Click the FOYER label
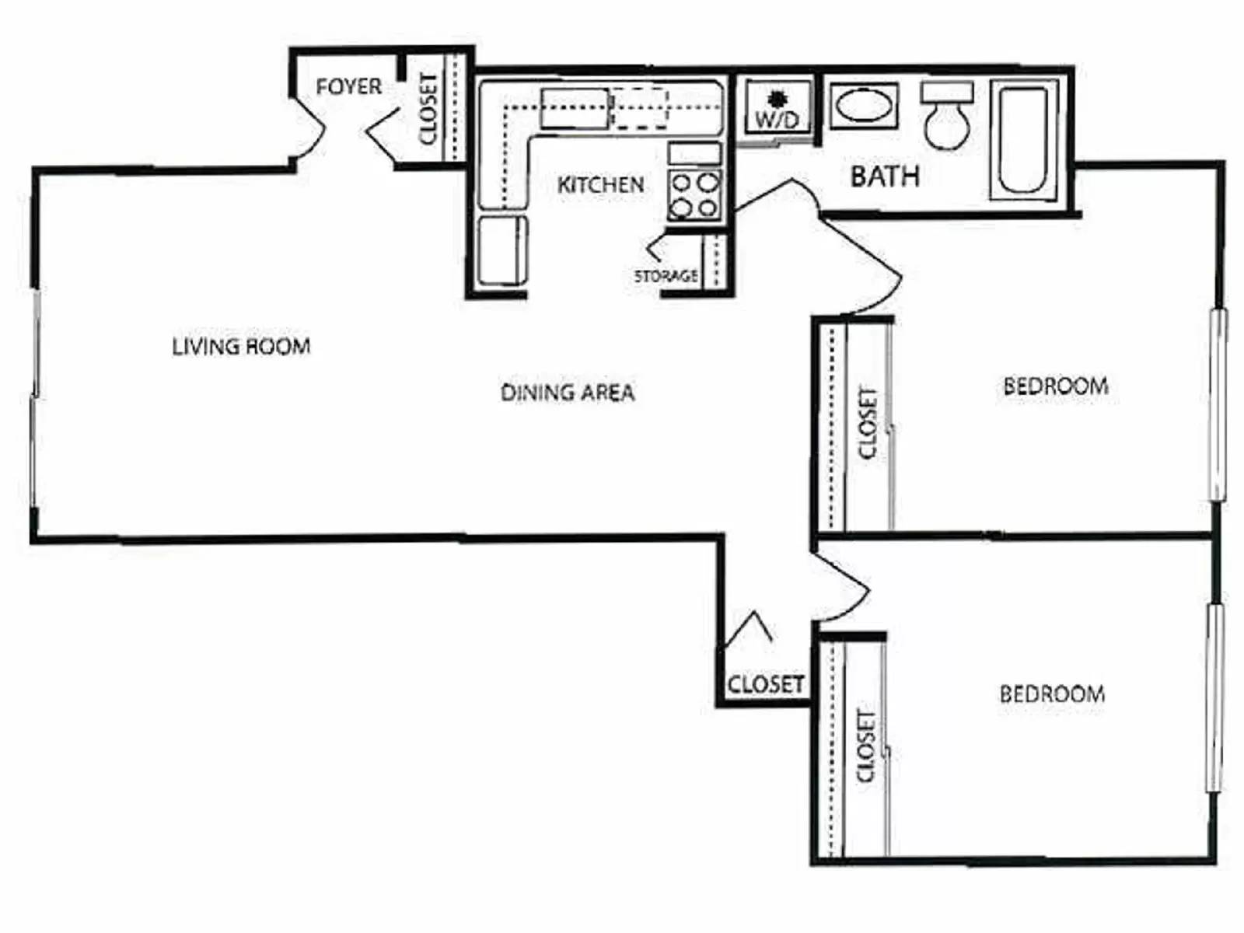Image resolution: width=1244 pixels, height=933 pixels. pos(348,86)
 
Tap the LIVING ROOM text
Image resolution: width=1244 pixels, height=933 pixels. pos(241,346)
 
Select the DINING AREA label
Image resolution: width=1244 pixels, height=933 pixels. pos(568,393)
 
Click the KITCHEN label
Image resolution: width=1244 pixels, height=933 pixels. pos(600,185)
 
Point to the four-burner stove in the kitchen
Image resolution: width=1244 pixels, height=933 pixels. pos(695,195)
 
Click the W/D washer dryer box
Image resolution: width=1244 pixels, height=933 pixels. pos(776,109)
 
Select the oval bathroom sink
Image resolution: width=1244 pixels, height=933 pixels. pos(864,106)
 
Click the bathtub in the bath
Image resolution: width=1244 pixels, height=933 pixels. pos(1023,140)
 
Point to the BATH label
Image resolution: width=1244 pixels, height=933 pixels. pos(885,176)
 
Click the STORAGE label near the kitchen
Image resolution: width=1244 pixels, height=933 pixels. pos(666,276)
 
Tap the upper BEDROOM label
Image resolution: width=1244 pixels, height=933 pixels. pos(1055,386)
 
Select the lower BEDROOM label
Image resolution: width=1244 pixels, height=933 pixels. pos(1051,694)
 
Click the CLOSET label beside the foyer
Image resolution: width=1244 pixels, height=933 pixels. pos(428,109)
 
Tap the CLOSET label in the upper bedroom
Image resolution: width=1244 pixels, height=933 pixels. pos(867,423)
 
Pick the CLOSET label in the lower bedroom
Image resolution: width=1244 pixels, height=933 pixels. pos(865,745)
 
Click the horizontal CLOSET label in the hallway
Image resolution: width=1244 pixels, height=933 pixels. pos(765,684)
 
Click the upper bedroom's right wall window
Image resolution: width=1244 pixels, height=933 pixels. pos(1218,404)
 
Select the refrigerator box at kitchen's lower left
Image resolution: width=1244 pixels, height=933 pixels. pos(501,250)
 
